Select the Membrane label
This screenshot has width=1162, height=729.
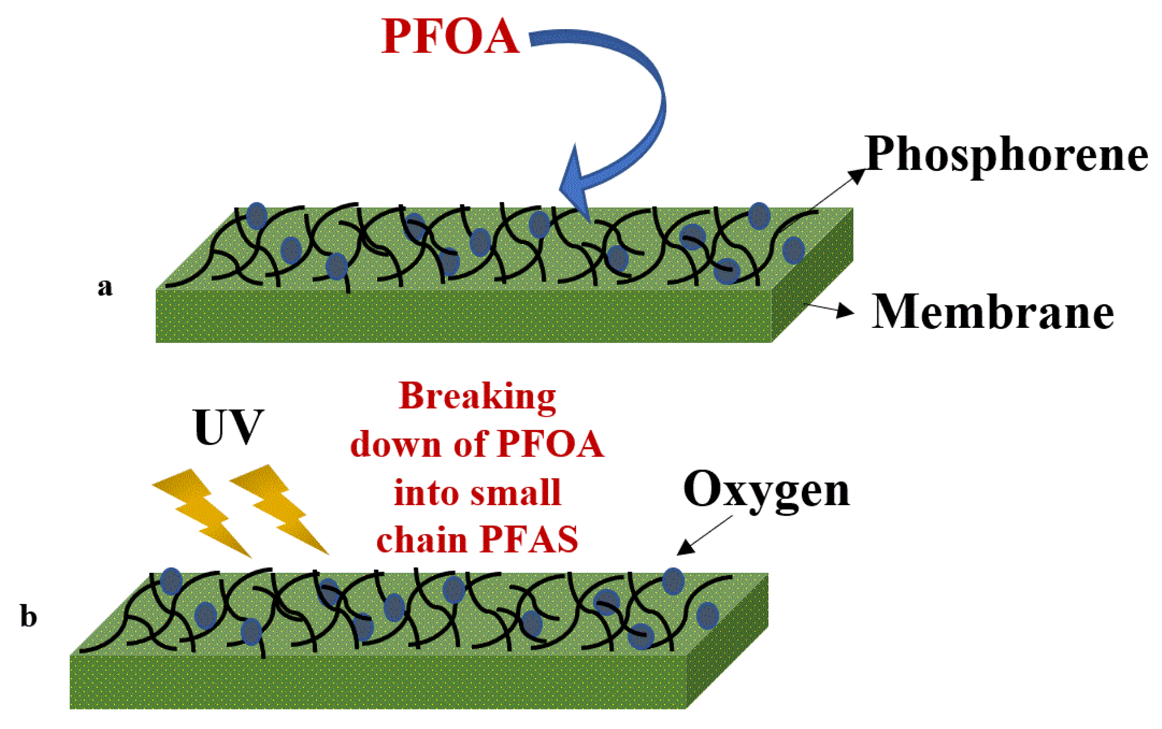[993, 312]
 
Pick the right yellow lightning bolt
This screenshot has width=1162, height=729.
[280, 509]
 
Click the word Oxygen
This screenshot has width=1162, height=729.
[766, 490]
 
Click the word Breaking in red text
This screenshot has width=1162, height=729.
[477, 396]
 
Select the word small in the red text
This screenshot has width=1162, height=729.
[515, 493]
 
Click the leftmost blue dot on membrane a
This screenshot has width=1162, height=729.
[257, 215]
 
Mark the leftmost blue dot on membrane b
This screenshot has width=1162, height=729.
[171, 581]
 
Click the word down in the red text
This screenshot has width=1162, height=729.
[396, 444]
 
